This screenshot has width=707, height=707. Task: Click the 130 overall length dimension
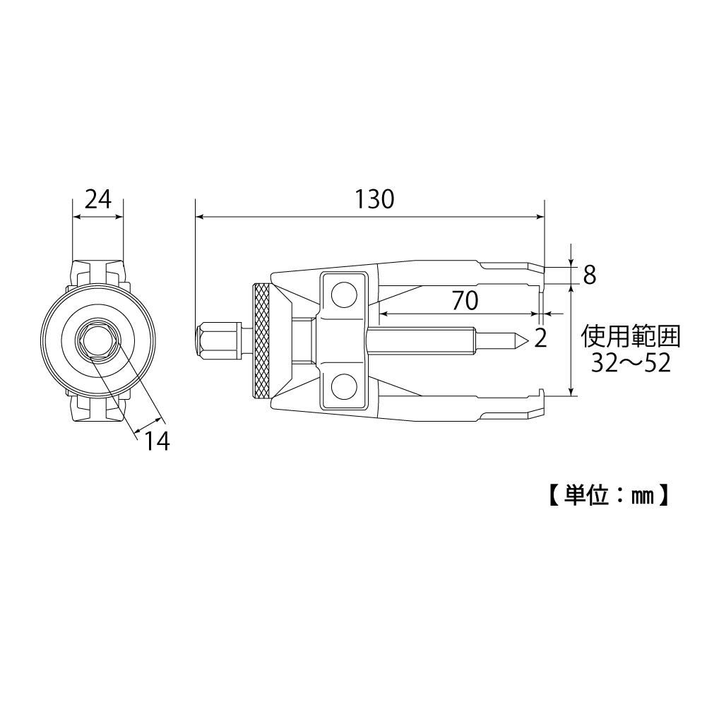(374, 200)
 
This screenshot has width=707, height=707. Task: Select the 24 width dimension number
(98, 200)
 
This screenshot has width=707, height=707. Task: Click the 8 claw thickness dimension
(589, 275)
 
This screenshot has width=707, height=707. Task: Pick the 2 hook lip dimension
(540, 339)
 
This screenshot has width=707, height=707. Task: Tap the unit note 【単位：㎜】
(607, 496)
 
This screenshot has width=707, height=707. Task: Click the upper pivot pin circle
(344, 295)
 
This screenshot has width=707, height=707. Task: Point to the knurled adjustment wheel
(261, 341)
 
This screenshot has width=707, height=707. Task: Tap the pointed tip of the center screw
(523, 341)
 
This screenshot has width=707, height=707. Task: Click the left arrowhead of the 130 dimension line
(199, 218)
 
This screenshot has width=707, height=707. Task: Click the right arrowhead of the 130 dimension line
(540, 218)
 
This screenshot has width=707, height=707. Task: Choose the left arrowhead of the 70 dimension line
(384, 314)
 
